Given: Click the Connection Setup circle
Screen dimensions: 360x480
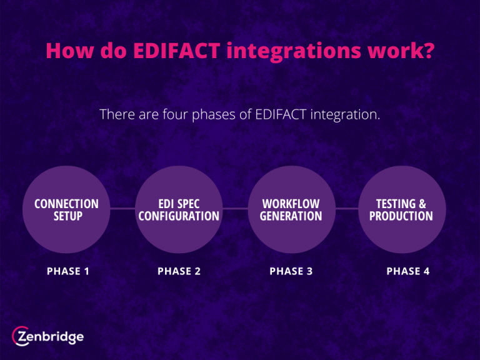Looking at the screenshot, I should (66, 209).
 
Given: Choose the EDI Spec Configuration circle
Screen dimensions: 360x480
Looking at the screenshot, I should (179, 209).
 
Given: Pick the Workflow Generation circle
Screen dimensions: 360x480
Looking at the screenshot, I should (291, 209).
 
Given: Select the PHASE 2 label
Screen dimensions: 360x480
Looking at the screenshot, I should (179, 271).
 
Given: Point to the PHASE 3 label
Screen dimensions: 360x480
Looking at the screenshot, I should (291, 271).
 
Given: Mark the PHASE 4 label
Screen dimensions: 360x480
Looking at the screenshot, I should (408, 271).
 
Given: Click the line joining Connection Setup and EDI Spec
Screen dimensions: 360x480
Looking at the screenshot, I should (122, 209).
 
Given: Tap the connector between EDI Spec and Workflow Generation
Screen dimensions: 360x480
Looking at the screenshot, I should (235, 209).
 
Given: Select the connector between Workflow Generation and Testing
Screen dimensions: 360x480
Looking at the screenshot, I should (347, 209).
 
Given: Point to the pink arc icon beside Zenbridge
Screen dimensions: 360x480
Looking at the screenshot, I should (19, 336).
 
